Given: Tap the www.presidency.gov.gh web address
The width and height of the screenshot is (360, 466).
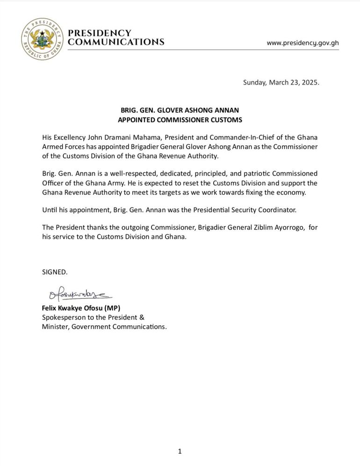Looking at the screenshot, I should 302,43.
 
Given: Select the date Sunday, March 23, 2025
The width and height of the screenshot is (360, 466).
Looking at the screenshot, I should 281,82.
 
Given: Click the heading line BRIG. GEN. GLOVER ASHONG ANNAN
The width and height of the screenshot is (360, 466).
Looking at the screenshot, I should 180,110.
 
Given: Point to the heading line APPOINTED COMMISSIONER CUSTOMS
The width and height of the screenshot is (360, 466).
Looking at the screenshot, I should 180,120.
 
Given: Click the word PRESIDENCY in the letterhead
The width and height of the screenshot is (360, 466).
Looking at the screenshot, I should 100,33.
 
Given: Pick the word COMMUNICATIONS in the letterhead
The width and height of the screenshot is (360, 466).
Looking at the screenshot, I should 116,42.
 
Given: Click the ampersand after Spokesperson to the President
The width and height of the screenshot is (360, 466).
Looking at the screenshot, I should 142,317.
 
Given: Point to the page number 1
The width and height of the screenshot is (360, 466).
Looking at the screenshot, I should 180,451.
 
